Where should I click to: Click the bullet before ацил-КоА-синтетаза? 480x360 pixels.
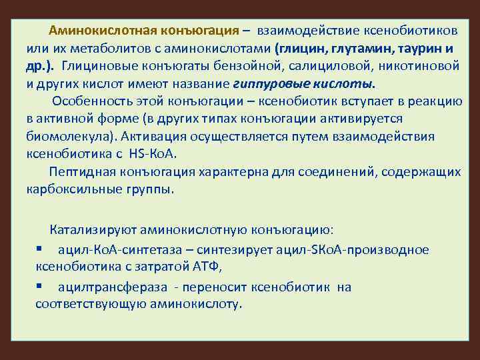(x=40, y=249)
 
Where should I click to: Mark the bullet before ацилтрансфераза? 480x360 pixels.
(x=40, y=286)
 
